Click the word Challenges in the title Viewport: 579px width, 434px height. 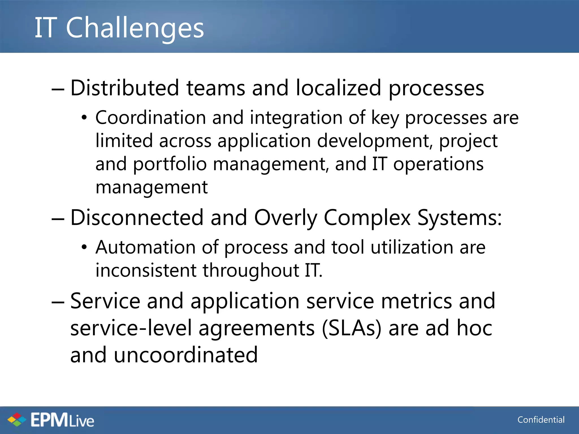(135, 28)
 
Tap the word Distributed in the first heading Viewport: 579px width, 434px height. (124, 88)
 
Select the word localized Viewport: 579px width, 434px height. (338, 88)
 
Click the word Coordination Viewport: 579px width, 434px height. (150, 118)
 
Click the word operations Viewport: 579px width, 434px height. (438, 164)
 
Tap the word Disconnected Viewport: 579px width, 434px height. (137, 218)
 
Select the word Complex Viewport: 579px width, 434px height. (367, 218)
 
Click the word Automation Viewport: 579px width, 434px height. (145, 247)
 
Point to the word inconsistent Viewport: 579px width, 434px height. (146, 270)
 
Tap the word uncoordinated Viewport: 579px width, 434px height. (185, 355)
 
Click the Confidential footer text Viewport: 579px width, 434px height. (541, 420)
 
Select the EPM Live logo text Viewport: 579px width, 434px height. (62, 420)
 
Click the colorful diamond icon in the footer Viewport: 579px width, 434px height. (17, 420)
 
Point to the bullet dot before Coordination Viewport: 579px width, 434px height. (84, 118)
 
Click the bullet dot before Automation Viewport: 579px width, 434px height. (84, 248)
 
